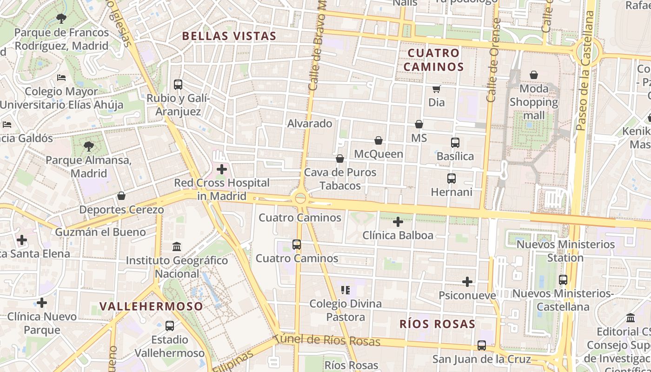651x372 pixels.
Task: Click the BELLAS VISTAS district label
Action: pos(229,36)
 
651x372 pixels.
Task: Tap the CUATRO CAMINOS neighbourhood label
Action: pos(433,60)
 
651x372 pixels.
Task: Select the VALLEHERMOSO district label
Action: pos(151,306)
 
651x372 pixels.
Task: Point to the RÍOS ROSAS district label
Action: pos(438,324)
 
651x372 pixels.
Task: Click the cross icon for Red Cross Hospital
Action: pos(222,169)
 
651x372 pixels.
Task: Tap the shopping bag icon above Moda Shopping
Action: pos(534,75)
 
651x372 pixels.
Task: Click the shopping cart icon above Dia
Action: pos(436,89)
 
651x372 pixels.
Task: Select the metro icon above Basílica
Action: pos(455,143)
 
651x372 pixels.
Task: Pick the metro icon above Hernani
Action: pos(451,178)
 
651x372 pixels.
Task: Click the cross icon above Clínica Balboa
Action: pos(398,222)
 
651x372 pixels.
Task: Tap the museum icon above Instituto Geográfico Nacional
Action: pos(177,246)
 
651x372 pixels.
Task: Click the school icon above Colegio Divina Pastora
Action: pos(345,290)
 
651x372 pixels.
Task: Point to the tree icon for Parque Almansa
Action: pos(88,147)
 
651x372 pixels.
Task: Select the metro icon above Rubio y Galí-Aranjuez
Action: pos(178,85)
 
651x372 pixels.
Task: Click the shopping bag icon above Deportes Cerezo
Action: pos(121,196)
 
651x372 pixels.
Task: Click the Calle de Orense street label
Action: pos(493,60)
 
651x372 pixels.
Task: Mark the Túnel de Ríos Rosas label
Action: pos(326,340)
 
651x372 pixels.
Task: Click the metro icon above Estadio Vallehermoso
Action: pos(169,326)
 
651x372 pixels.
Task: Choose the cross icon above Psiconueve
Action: pos(467,282)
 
